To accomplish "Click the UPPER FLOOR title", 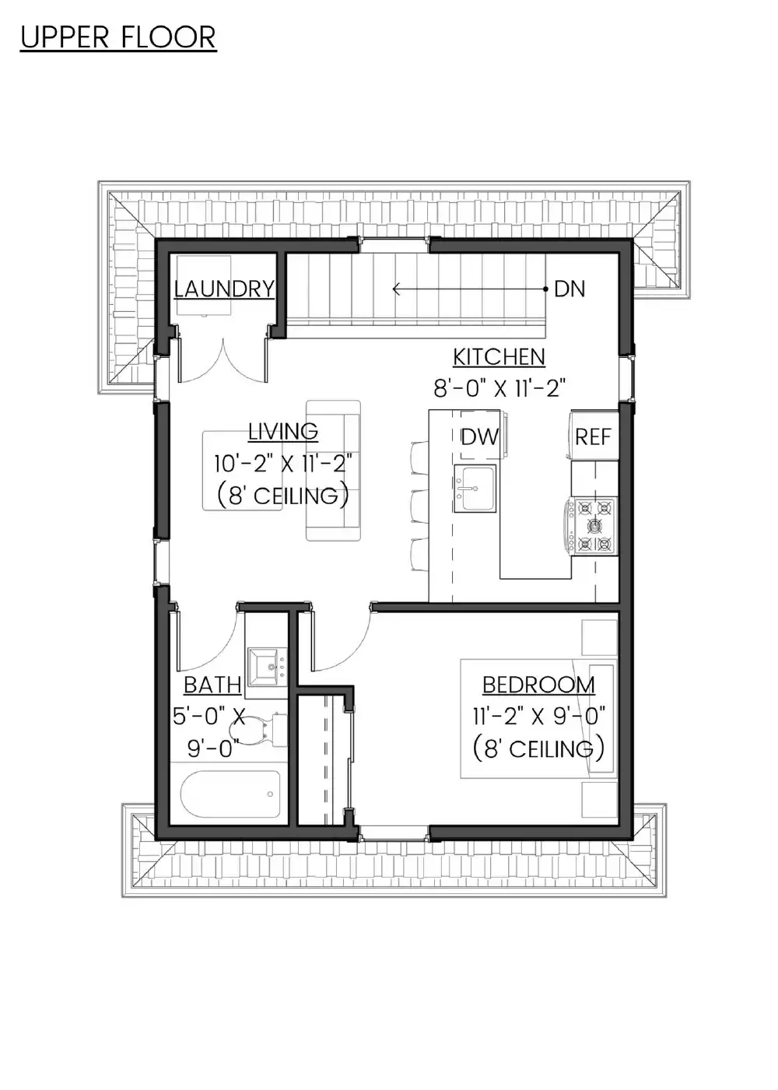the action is click(118, 37).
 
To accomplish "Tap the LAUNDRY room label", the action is click(224, 289).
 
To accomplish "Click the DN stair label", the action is click(569, 289).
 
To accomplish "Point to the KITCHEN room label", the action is click(499, 356).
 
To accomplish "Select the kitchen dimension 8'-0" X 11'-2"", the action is click(499, 388).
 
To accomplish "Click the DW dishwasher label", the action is click(480, 437).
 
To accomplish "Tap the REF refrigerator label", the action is click(593, 437).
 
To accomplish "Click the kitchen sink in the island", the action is click(475, 489).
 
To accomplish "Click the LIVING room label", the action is click(283, 431).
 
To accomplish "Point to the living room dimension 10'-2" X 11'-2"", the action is click(283, 463).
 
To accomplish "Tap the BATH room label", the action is click(212, 685).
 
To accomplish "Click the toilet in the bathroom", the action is click(258, 730).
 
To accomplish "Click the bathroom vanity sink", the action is click(266, 667).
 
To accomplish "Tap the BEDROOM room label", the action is click(538, 685).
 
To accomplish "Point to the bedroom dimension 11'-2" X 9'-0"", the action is click(538, 717).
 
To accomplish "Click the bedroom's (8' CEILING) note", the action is click(538, 749).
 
